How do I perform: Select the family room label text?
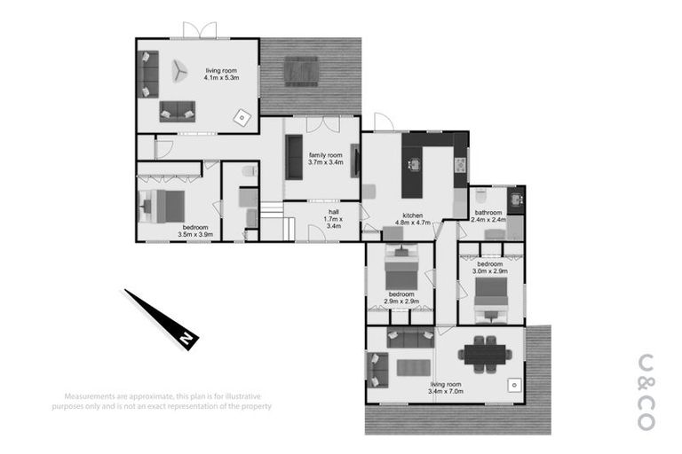tap(325, 159)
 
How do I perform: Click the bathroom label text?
tap(488, 216)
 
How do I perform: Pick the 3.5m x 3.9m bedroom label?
tap(194, 231)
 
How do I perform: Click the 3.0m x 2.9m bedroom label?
tap(490, 268)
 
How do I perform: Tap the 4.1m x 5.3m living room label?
tap(223, 74)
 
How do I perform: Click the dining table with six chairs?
tap(484, 353)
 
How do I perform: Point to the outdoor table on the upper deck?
tap(301, 69)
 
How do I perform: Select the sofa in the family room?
tap(294, 158)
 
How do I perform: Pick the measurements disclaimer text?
tap(167, 401)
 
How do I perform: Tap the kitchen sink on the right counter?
tap(460, 164)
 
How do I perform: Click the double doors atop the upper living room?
tap(200, 31)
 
